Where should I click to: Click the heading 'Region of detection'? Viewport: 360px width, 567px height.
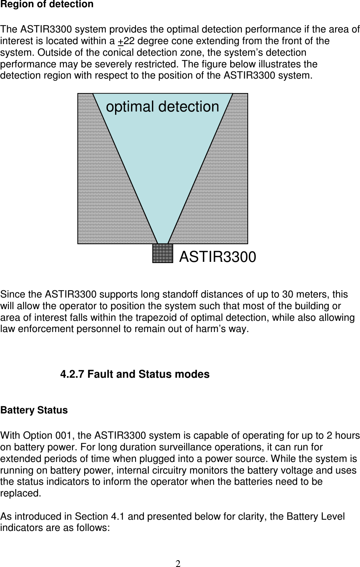47,5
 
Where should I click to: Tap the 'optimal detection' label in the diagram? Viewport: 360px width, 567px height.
162,107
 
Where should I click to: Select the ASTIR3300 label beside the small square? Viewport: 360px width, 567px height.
217,257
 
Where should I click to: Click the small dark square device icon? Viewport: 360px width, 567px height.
163,253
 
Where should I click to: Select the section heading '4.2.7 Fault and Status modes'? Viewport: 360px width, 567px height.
135,375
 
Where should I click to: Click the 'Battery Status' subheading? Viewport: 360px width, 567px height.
34,411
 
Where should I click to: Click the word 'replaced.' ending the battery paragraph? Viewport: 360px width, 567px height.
20,494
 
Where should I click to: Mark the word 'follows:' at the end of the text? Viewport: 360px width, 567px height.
93,528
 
